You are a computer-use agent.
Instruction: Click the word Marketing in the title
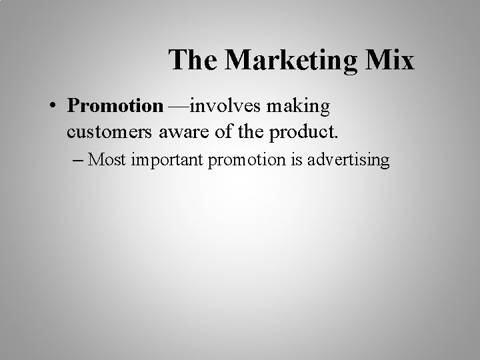coord(291,60)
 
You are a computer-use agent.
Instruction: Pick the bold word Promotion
coord(115,106)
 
